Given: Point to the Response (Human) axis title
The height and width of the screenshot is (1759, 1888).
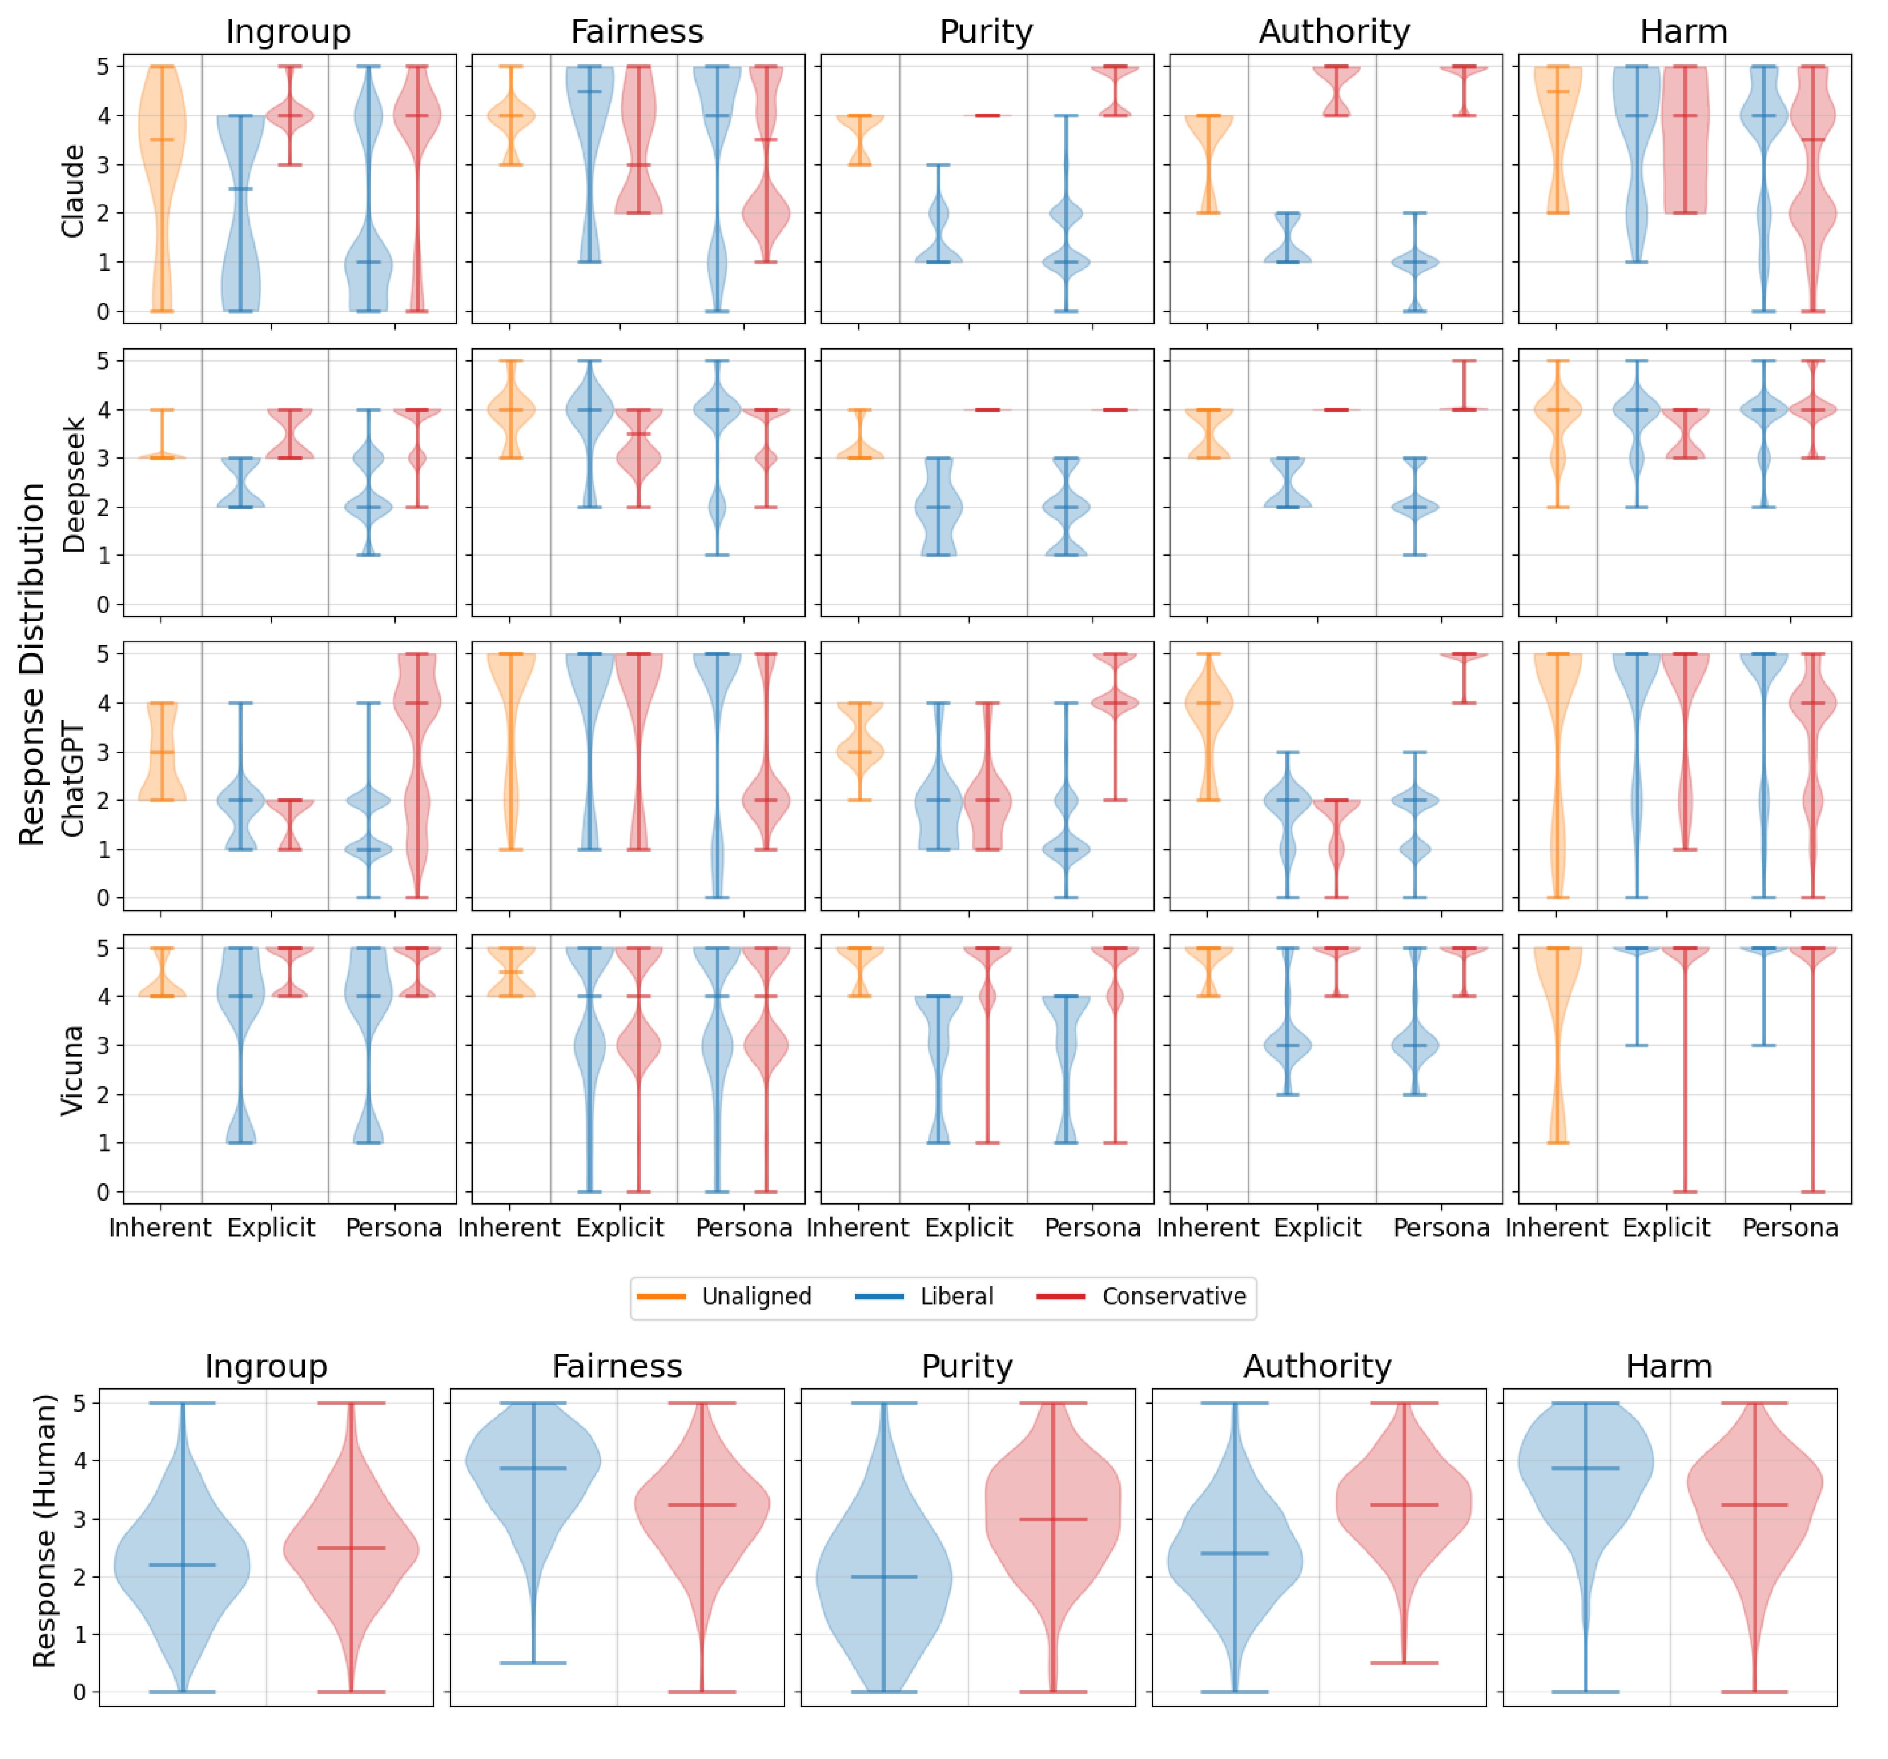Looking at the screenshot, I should (43, 1529).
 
